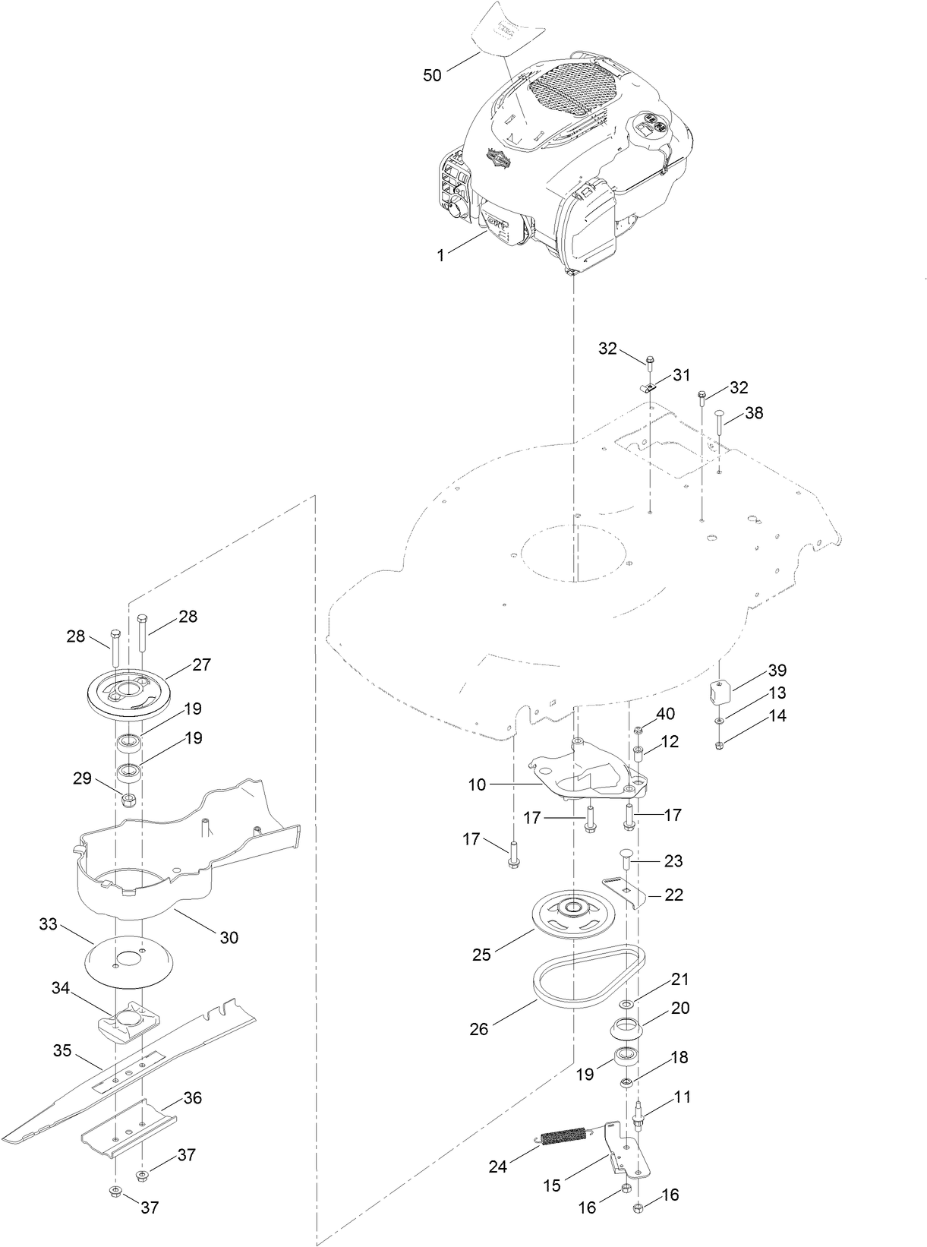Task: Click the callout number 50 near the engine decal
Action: pos(432,76)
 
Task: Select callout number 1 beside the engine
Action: pos(440,256)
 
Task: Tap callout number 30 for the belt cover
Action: pos(229,937)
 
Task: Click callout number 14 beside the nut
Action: pos(777,715)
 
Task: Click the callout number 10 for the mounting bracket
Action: pos(476,785)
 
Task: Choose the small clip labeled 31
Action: pos(648,387)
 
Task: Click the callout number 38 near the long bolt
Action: pos(754,413)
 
